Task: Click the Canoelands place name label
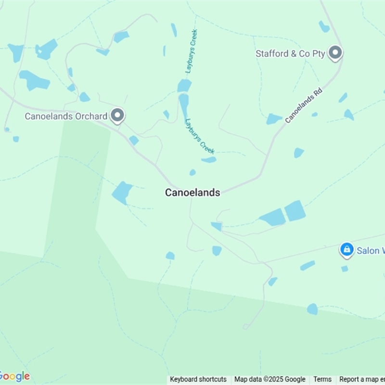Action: [x=192, y=192]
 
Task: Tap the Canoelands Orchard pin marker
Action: [x=117, y=115]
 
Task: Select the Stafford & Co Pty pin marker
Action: [x=335, y=53]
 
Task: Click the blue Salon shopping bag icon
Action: [x=346, y=249]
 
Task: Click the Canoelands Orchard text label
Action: [x=66, y=116]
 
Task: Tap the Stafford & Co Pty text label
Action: [x=291, y=53]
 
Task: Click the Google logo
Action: [x=14, y=376]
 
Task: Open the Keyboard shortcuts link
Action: [x=198, y=379]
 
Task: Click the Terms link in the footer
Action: [x=322, y=379]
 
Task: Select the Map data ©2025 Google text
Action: [x=270, y=379]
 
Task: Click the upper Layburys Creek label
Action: [x=192, y=51]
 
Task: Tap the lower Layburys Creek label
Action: [x=199, y=136]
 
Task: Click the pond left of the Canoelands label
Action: [x=122, y=192]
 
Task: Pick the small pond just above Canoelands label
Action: [x=192, y=172]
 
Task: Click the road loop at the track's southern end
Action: [x=245, y=327]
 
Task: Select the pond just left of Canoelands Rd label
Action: [x=274, y=118]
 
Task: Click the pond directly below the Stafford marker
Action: [x=343, y=98]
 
